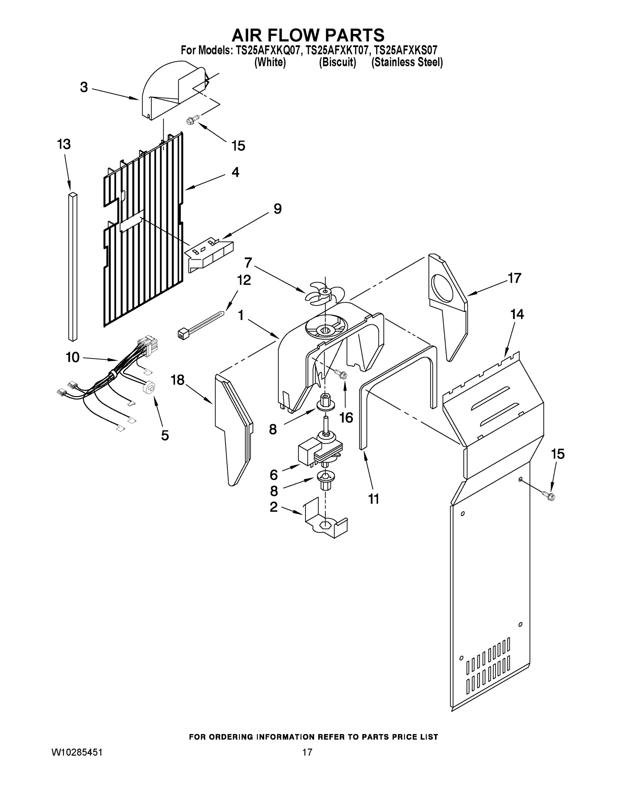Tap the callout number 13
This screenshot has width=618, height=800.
64,144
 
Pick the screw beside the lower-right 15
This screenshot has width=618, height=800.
549,496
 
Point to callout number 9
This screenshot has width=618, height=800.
278,209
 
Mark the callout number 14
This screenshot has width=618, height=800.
517,314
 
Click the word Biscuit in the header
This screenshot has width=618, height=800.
337,63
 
